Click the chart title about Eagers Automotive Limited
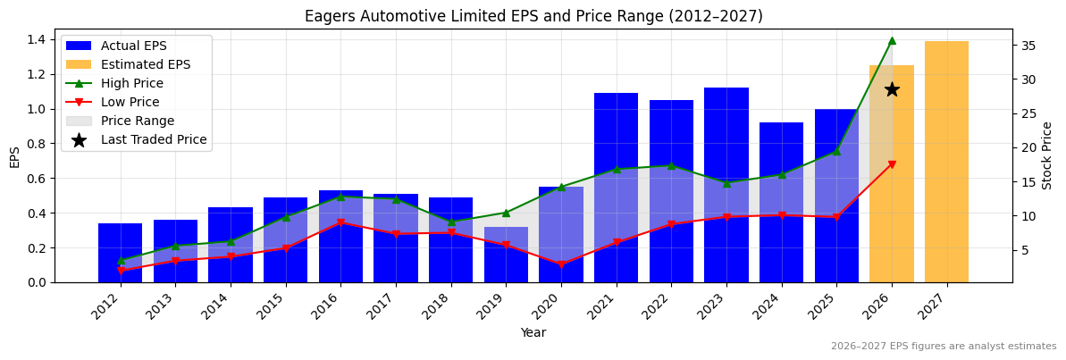533,16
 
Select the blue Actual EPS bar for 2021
616,188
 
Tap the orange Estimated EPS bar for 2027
946,162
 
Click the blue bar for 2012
120,253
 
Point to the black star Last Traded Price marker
892,89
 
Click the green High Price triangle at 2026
892,40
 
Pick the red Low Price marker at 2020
561,264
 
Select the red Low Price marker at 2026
892,164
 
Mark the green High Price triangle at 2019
506,213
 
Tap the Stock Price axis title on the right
1048,155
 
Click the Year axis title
533,332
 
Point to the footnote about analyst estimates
944,347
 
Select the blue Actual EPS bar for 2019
506,255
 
